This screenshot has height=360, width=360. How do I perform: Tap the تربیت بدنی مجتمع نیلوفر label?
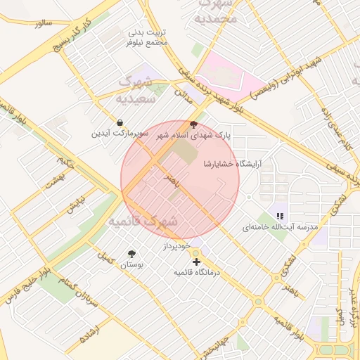point(148,38)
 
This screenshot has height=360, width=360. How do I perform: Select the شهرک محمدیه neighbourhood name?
point(215,11)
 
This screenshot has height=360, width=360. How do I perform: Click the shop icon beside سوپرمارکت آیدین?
point(120,122)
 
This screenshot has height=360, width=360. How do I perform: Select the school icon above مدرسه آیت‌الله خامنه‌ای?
point(280,217)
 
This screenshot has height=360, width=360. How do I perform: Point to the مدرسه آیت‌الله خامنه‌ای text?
point(280,228)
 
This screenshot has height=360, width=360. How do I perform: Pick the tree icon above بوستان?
point(131,254)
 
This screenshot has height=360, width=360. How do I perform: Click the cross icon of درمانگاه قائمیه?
point(196,262)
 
